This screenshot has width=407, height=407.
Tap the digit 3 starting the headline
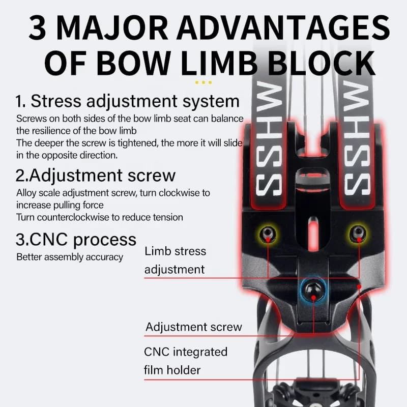click(38, 27)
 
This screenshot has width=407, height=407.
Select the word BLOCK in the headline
click(322, 63)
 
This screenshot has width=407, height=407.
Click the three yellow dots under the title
click(203, 82)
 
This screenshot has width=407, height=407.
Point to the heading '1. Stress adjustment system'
click(127, 101)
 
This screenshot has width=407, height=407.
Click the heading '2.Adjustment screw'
click(96, 176)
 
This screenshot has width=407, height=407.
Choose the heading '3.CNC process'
click(76, 240)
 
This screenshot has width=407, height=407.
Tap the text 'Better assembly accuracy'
click(70, 257)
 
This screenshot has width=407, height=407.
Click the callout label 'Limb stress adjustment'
click(175, 260)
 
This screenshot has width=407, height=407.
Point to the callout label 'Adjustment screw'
click(194, 327)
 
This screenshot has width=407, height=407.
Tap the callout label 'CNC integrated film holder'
click(186, 361)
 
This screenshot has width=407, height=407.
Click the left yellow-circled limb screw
click(268, 234)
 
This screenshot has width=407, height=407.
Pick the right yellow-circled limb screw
click(358, 233)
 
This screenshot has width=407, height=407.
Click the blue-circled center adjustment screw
click(313, 290)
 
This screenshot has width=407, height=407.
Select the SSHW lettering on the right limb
click(357, 137)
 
